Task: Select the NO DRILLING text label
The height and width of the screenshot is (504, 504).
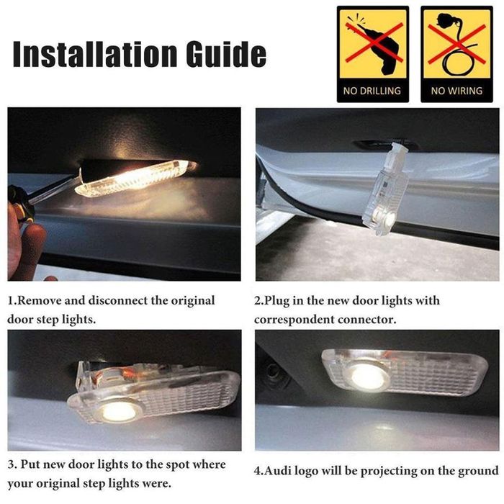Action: point(372,91)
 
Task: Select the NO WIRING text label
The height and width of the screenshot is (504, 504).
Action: point(456,91)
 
